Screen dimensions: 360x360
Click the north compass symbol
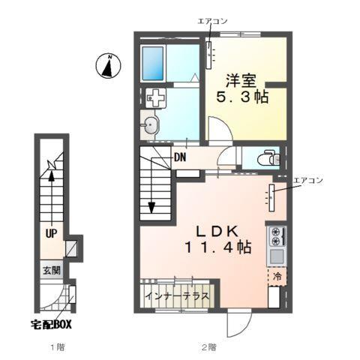pos(109,66)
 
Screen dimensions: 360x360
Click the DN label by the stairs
pos(180,157)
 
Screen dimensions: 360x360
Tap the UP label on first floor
pos(50,233)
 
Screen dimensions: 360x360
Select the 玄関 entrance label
pos(50,270)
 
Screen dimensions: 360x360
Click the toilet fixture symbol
pos(268,158)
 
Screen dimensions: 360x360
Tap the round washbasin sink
pos(152,125)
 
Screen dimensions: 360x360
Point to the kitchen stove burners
pos(275,236)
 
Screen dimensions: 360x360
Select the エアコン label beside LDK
pos(308,180)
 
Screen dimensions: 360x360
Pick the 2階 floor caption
pos(208,346)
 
